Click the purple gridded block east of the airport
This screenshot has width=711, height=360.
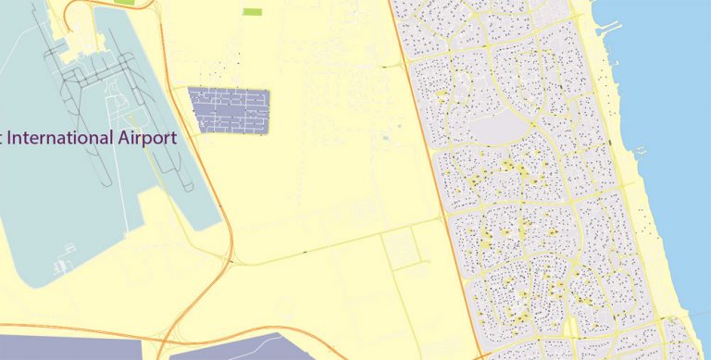[x=228, y=108]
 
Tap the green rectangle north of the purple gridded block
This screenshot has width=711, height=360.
[x=251, y=12]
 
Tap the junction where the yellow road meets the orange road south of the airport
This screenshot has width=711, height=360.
[x=231, y=261]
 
